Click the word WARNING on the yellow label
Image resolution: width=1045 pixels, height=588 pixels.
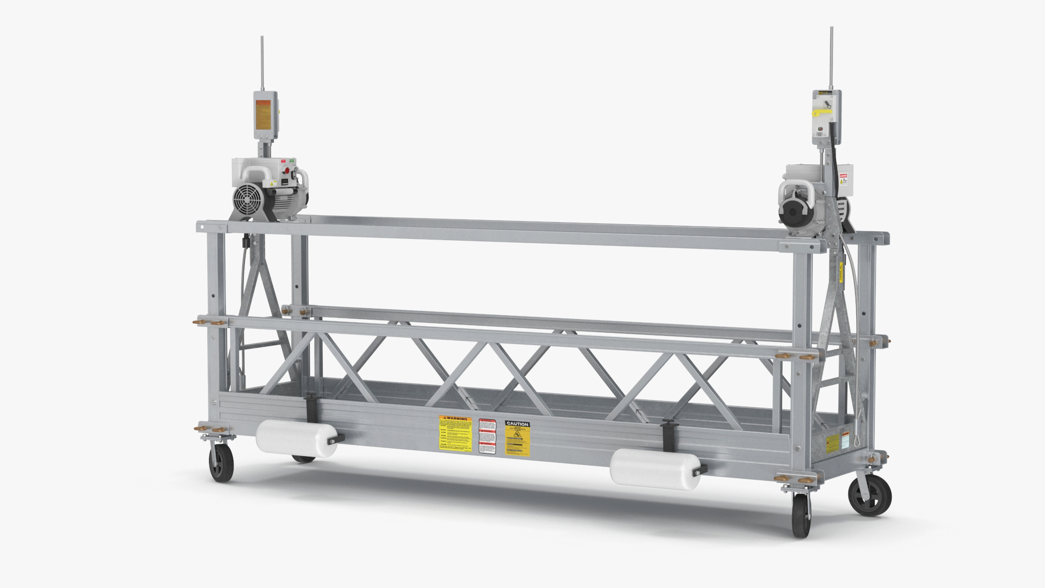[x=455, y=418]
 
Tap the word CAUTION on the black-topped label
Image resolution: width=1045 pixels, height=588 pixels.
[x=517, y=423]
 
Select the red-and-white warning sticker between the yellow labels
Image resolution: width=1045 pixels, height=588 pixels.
[x=488, y=436]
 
